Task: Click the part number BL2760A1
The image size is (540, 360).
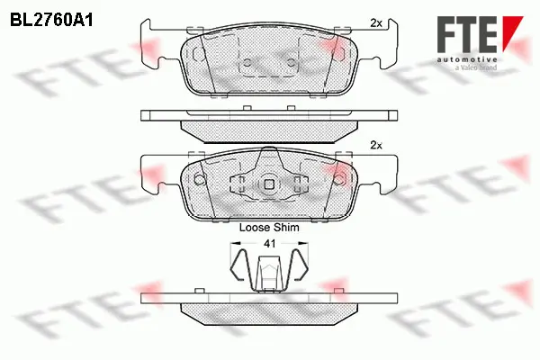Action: click(53, 17)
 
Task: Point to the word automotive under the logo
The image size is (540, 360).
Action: click(465, 57)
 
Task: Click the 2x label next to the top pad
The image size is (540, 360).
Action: click(376, 22)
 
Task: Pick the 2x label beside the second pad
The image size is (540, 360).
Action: click(376, 145)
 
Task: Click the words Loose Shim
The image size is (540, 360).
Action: click(269, 228)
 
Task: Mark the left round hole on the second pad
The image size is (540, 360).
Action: click(200, 178)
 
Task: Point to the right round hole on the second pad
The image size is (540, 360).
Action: click(339, 178)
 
